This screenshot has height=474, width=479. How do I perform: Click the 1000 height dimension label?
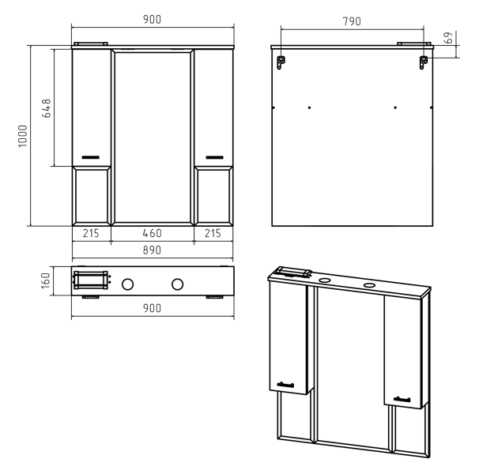pos(23,136)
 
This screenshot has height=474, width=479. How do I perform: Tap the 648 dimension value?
pos(47,108)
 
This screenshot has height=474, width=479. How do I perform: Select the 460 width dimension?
pos(152,233)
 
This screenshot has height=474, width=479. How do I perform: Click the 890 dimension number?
pos(152,250)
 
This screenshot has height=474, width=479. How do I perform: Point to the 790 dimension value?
pos(352,21)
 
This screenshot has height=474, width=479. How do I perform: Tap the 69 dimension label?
pos(448,38)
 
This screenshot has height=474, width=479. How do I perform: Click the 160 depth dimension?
pos(45,280)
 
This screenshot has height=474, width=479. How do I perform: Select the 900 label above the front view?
pos(152,20)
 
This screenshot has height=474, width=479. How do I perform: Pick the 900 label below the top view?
pos(152,308)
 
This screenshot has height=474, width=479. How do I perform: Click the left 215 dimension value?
pos(91,233)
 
